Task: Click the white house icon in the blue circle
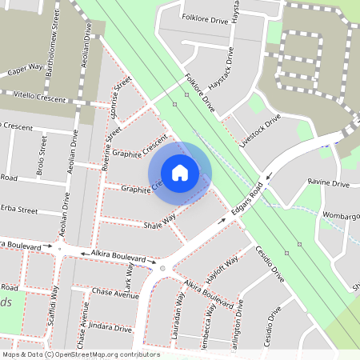click(180, 172)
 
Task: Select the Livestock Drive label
click(260, 130)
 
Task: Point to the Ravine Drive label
click(329, 183)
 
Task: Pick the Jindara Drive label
click(110, 328)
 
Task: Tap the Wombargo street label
click(342, 216)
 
